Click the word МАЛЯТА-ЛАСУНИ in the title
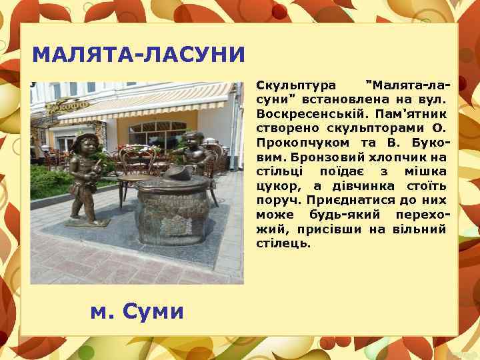(x=139, y=53)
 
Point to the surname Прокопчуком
(x=294, y=143)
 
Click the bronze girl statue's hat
(x=86, y=138)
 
